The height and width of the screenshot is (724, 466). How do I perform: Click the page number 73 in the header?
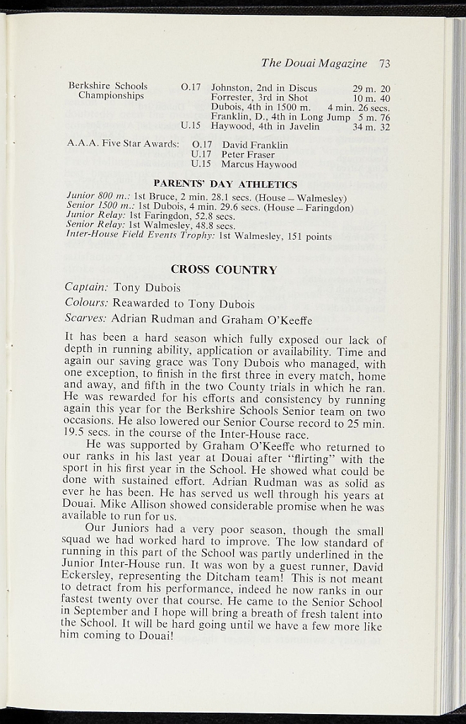pyautogui.click(x=384, y=63)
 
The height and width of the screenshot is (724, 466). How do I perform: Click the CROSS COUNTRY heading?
pyautogui.click(x=224, y=269)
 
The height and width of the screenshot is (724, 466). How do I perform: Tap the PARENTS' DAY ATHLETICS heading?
pyautogui.click(x=225, y=185)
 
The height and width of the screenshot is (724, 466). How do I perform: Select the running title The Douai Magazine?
pyautogui.click(x=314, y=63)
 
